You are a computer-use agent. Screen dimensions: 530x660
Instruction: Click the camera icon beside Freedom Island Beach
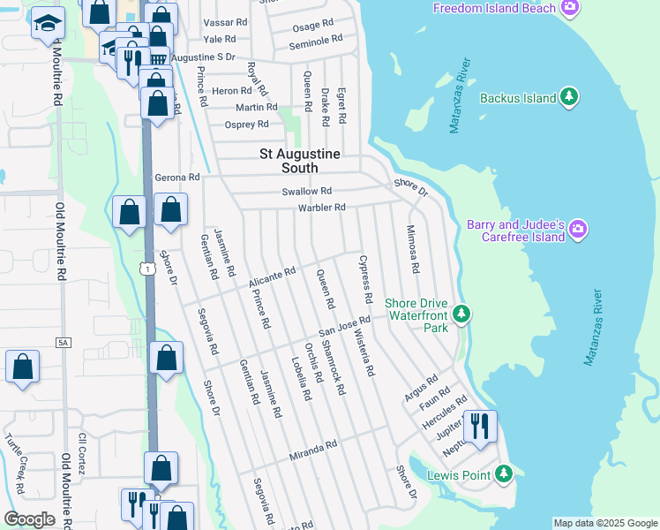pos(571,8)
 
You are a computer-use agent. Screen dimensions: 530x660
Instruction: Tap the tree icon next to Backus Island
pos(570,98)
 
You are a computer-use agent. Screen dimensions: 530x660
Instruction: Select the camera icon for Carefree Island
pos(578,231)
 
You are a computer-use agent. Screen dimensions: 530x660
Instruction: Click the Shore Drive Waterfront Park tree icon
pos(460,314)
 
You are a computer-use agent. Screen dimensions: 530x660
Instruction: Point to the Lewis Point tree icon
pos(504,475)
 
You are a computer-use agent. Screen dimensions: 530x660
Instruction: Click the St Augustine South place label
pos(298,160)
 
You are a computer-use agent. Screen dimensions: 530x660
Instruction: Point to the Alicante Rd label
pos(270,276)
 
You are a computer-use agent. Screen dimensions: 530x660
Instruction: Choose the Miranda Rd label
pos(313,450)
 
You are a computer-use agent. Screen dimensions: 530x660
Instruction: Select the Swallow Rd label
pos(306,191)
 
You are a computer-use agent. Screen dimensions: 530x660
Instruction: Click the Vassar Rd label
pos(225,21)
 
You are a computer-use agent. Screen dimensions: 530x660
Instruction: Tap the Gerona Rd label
pos(177,178)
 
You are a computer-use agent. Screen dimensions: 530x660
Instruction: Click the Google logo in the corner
pos(29,519)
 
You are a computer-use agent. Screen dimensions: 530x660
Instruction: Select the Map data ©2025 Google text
pos(604,523)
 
